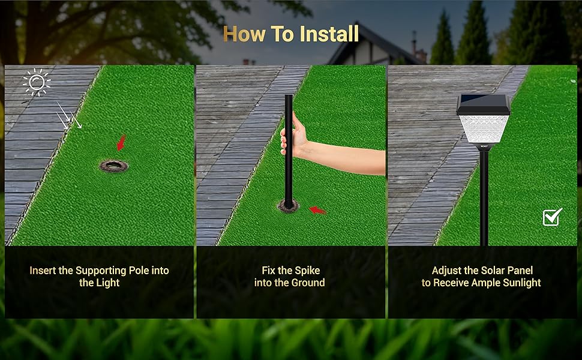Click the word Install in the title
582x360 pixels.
329,34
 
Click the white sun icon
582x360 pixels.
37,82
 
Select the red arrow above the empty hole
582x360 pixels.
121,143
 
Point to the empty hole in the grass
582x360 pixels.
113,166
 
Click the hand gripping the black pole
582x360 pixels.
294,134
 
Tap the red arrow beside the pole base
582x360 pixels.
317,211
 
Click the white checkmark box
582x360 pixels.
553,217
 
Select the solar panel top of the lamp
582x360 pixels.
483,104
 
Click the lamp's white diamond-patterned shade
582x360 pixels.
484,129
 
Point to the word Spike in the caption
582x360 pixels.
306,271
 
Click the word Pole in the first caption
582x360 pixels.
138,271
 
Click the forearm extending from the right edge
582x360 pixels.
345,158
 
